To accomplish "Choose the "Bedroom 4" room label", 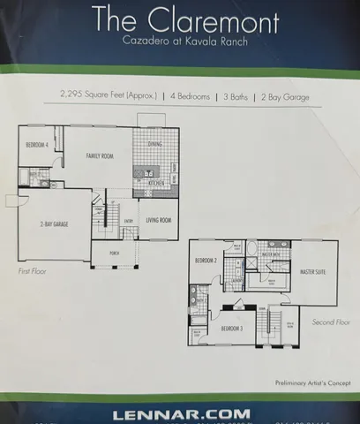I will pos(35,144).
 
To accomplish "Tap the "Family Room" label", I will pos(98,155).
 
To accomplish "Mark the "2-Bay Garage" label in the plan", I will pos(56,224).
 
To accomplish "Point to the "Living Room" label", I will pos(158,219).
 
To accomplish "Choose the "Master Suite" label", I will pos(314,271).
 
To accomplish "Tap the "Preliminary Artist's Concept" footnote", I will pos(304,382).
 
